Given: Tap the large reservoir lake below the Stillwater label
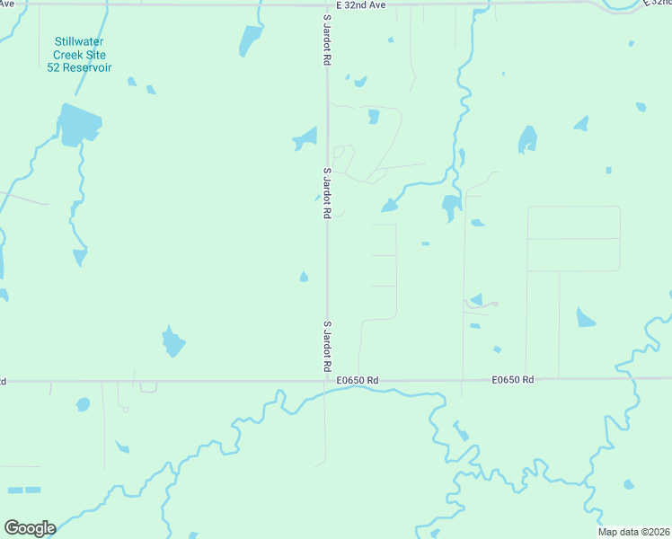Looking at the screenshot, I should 77,125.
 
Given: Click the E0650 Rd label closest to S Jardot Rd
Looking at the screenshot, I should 358,381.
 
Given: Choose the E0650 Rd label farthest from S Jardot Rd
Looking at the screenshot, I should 513,381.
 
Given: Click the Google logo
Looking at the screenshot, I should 30,528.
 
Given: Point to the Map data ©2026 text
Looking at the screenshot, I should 634,532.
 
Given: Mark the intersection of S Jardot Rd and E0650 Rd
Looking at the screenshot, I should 326,380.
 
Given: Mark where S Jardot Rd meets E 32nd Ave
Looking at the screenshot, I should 326,4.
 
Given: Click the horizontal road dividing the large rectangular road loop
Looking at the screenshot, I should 573,239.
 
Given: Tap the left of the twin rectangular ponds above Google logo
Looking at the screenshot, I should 15,490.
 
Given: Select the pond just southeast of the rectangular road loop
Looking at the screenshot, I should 586,317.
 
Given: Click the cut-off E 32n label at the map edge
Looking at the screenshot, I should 659,5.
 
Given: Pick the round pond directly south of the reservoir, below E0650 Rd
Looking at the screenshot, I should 83,404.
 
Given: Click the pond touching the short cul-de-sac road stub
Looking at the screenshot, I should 476,299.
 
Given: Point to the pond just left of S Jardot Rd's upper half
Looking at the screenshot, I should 306,139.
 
